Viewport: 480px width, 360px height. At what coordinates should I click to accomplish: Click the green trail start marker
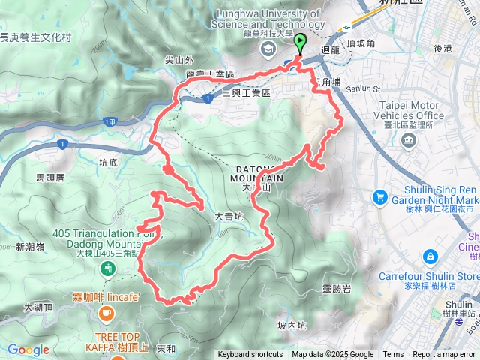point(301,42)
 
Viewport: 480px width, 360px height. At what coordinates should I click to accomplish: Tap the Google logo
point(28,349)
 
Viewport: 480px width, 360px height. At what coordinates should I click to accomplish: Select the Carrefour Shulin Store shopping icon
point(430,256)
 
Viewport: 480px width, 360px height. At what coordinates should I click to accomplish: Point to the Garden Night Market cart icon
point(380,196)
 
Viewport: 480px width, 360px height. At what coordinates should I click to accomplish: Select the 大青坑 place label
point(229,216)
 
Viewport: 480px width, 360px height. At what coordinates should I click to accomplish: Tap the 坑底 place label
point(109,161)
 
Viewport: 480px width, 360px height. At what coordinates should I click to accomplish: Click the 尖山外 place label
point(180,60)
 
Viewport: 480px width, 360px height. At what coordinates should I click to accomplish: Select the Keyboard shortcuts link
point(250,355)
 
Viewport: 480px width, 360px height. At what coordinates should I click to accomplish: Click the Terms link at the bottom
point(393,355)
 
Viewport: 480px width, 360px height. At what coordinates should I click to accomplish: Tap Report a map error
point(445,355)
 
